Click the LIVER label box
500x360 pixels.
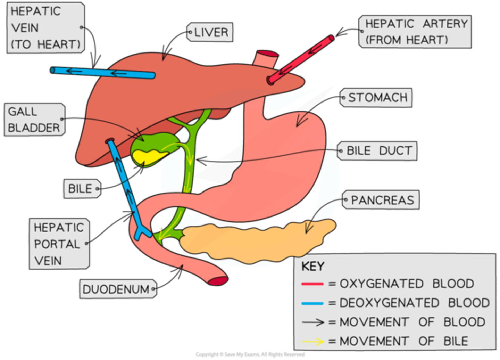[x=210, y=33]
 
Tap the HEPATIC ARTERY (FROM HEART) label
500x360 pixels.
[x=415, y=32]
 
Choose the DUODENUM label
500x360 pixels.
[x=116, y=289]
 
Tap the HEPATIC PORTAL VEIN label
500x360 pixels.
[x=59, y=244]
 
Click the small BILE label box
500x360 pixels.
[x=81, y=189]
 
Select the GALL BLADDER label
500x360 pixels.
[x=34, y=120]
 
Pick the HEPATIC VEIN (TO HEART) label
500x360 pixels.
[x=45, y=28]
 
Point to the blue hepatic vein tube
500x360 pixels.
[x=102, y=72]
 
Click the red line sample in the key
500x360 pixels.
[x=312, y=284]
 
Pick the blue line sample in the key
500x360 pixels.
[x=312, y=303]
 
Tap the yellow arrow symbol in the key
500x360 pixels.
[x=312, y=341]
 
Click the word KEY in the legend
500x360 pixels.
[x=312, y=267]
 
